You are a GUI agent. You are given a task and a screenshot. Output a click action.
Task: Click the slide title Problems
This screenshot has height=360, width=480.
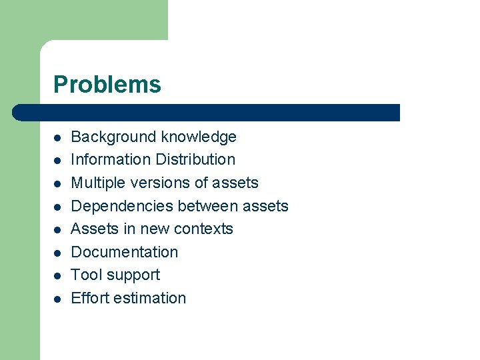[x=107, y=85]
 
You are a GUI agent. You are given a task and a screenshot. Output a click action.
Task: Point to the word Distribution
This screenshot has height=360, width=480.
[x=195, y=160]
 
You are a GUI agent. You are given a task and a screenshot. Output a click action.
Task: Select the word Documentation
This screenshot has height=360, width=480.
[x=125, y=252]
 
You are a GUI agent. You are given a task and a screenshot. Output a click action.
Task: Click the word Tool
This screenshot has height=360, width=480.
[x=86, y=275]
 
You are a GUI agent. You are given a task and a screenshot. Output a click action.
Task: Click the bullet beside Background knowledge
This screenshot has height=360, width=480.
[x=58, y=138]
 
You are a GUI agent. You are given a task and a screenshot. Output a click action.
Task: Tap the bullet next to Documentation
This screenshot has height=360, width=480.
[x=58, y=253]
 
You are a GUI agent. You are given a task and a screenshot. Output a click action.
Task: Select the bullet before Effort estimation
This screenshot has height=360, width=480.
[x=58, y=299]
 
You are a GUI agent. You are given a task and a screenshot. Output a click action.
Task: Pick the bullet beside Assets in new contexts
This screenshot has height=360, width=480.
[x=58, y=230]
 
